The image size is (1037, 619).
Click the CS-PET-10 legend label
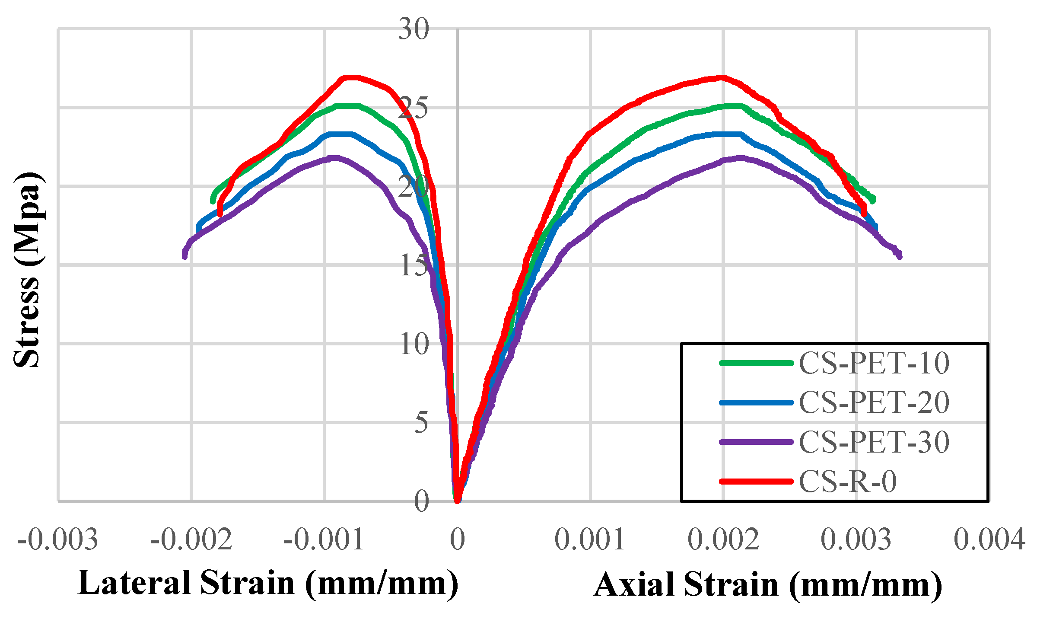coord(874,363)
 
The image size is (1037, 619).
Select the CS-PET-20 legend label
coord(874,402)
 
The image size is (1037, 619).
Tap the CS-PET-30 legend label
coord(874,442)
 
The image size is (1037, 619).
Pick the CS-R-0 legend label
coord(848,481)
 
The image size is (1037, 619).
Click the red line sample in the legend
coord(756,481)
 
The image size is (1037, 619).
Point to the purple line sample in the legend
coord(756,442)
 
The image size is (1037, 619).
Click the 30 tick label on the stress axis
coord(414,30)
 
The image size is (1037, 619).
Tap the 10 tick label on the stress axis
coord(414,345)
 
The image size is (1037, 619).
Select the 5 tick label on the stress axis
coord(421,423)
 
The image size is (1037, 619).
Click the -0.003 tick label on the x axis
coord(58,539)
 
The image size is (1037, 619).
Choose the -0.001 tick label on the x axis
coord(324,539)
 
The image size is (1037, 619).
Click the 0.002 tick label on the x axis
coord(723,539)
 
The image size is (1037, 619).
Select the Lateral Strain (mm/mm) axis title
coord(268,584)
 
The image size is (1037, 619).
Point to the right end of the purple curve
coord(900,256)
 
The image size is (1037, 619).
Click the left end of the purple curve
coord(184,256)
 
